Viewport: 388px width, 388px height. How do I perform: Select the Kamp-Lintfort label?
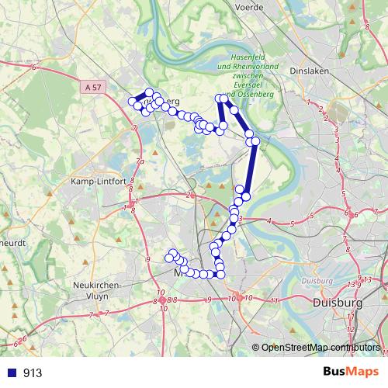click(x=99, y=181)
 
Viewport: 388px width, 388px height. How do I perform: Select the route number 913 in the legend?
click(x=33, y=373)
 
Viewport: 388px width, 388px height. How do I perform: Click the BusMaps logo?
click(x=346, y=372)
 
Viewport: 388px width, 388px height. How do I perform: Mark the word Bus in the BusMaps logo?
click(x=332, y=372)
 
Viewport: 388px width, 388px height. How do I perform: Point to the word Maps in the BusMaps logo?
click(x=360, y=372)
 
